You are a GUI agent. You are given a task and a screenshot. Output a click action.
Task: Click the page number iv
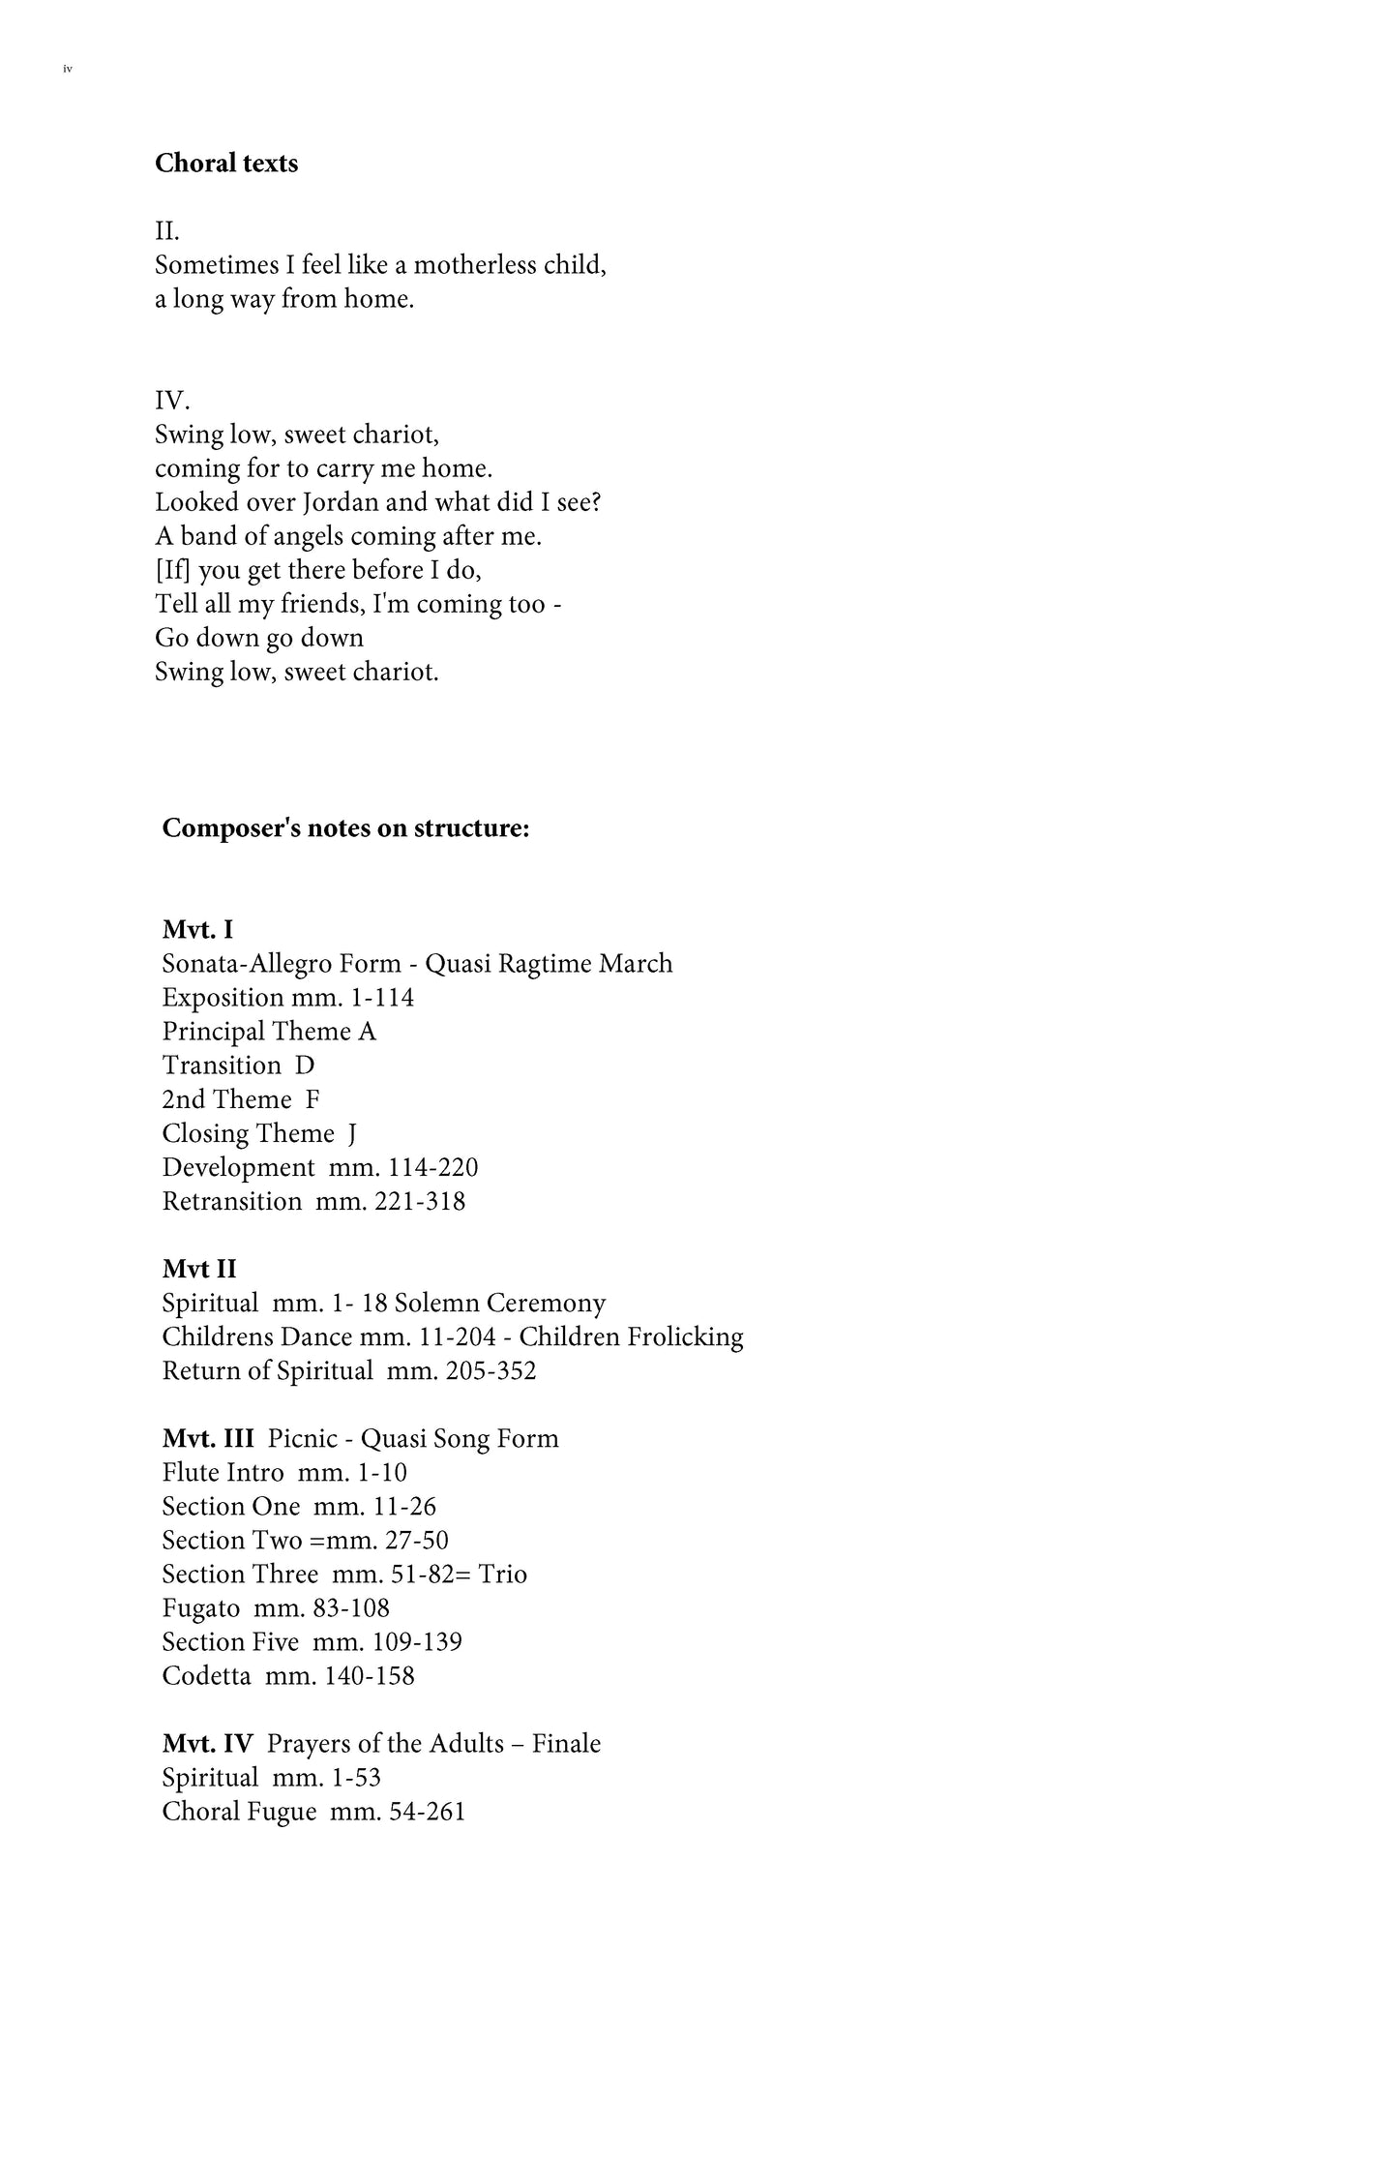tap(68, 70)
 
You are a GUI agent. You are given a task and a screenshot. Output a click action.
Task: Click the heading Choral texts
tap(226, 164)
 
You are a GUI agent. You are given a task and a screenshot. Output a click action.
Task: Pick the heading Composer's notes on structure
tap(345, 828)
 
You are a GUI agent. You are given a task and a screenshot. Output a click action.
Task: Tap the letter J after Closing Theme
tap(352, 1133)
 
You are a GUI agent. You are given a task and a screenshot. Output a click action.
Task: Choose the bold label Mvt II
tap(199, 1269)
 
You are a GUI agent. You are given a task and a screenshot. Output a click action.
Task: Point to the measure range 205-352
tap(491, 1370)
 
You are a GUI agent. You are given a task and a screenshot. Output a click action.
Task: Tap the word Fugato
tap(201, 1607)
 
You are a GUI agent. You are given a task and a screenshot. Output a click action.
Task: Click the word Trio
tap(502, 1574)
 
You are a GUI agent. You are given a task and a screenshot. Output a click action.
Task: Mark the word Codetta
tap(206, 1675)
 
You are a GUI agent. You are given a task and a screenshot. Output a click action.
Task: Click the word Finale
tap(566, 1743)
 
